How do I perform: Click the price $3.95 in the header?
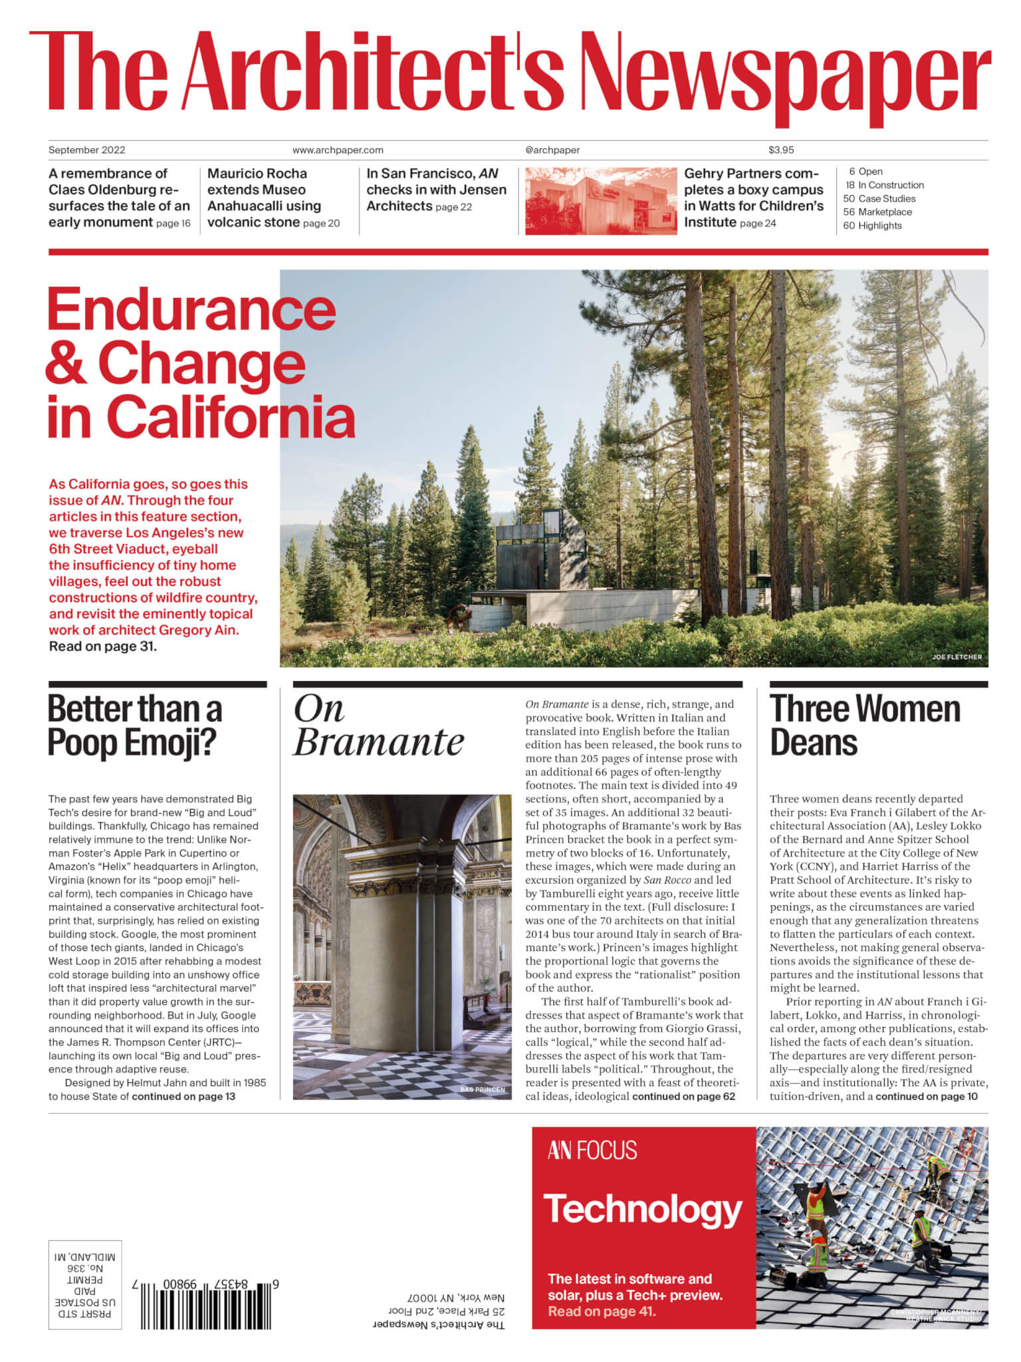tap(781, 150)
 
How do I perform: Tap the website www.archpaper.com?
tap(338, 150)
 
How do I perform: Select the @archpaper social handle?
tap(552, 150)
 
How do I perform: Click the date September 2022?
tap(87, 150)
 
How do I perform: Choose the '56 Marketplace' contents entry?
tap(877, 212)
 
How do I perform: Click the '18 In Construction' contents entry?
tap(884, 186)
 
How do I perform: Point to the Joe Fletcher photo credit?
tap(956, 657)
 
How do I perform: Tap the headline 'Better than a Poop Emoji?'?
tap(134, 726)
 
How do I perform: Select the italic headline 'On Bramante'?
tap(378, 726)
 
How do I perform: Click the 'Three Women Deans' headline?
tap(864, 726)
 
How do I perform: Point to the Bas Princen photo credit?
tap(482, 1090)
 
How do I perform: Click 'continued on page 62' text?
tap(683, 1097)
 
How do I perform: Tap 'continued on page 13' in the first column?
tap(183, 1097)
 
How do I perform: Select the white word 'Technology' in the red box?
tap(643, 1210)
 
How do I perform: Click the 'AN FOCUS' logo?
tap(592, 1151)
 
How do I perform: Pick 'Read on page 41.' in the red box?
tap(602, 1311)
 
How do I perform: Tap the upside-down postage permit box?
tap(85, 1284)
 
